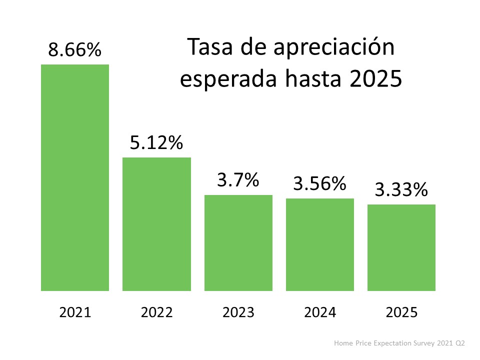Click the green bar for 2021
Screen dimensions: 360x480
75,177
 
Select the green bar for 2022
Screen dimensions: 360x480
156,224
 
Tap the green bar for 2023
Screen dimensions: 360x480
238,243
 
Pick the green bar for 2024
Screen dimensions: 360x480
320,244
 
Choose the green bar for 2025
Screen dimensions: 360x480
401,247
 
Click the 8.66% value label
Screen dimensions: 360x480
75,50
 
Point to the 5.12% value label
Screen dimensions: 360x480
156,143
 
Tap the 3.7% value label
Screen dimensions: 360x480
238,180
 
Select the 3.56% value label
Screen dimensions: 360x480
320,184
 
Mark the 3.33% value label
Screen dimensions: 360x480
401,190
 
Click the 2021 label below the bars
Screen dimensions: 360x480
75,313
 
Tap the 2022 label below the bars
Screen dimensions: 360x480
156,313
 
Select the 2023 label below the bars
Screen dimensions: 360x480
238,313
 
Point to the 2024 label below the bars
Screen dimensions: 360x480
320,313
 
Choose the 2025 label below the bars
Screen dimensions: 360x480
401,313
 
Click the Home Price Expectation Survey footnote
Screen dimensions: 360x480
399,343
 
